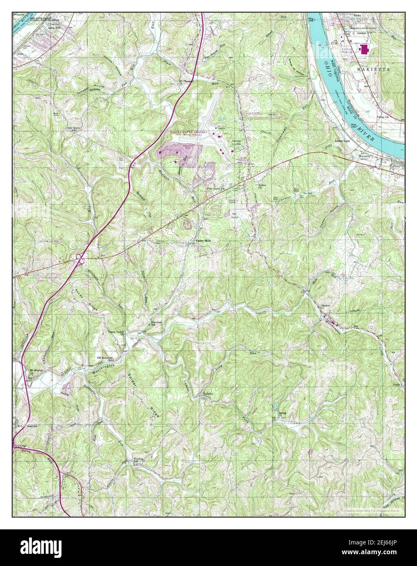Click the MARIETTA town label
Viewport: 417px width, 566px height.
(374, 70)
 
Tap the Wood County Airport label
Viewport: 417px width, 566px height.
(188, 133)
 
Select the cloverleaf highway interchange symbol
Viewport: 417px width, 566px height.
(80, 257)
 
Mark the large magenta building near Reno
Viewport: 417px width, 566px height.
(363, 49)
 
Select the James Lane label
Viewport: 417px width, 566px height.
(342, 141)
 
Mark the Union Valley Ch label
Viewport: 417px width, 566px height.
(116, 332)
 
